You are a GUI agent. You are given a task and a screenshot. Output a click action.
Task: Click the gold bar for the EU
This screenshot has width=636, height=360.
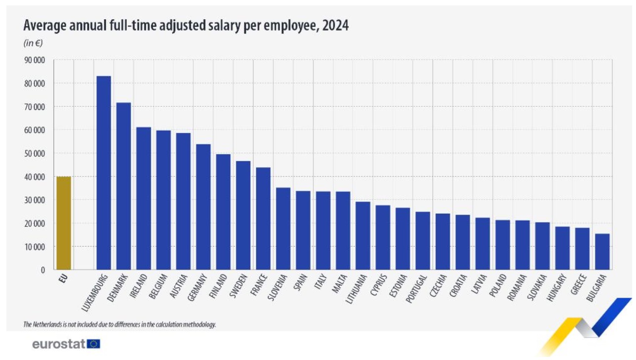(x=63, y=223)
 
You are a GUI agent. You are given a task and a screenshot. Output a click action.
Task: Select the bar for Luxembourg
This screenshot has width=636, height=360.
(x=103, y=173)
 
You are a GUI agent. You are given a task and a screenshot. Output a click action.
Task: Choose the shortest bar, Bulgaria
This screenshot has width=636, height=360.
(x=602, y=252)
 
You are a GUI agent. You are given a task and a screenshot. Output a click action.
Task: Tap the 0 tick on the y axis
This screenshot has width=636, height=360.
(x=43, y=270)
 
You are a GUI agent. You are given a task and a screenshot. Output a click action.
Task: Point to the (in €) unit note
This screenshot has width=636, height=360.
(x=33, y=43)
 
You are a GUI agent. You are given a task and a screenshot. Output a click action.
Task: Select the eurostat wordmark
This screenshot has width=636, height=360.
(x=59, y=344)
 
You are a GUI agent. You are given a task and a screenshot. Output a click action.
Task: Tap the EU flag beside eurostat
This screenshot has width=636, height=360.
(x=94, y=344)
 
